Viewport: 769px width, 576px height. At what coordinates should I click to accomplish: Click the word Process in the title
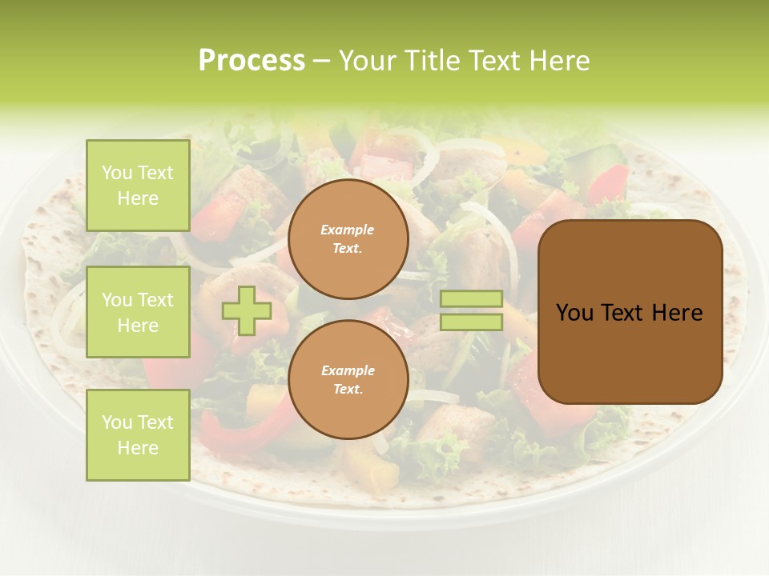pos(252,61)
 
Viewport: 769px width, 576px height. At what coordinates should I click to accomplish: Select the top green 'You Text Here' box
pos(138,186)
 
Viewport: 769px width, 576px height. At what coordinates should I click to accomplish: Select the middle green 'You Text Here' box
pos(138,312)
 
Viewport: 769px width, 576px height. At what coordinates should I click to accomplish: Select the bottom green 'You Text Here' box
pos(138,434)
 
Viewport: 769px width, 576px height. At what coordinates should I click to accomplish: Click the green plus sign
pos(247,310)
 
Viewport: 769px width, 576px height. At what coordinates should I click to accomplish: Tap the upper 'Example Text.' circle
pos(348,238)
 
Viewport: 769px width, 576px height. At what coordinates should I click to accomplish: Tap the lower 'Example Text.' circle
pos(348,379)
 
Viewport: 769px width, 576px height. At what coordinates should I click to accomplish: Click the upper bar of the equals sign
pos(471,299)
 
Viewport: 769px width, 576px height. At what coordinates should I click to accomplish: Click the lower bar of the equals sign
pos(471,322)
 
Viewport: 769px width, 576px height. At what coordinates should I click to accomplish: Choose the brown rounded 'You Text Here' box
pos(630,312)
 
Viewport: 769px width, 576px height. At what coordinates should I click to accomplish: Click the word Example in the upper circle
pos(348,230)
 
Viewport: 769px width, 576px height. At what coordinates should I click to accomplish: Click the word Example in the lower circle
pos(348,370)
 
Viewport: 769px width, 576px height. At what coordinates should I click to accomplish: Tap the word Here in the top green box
pos(138,198)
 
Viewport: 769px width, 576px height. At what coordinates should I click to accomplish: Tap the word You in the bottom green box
pos(117,422)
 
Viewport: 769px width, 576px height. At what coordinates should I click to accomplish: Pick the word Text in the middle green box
pos(155,300)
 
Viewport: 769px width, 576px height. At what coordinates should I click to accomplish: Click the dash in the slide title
pos(321,61)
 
